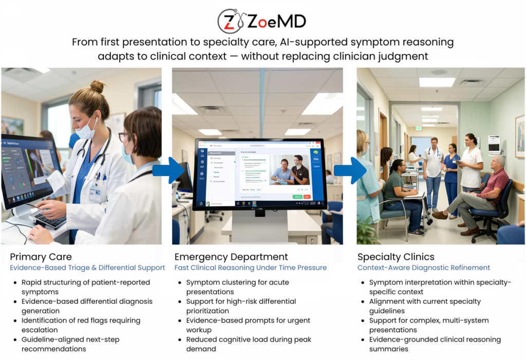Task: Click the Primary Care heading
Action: [x=41, y=257]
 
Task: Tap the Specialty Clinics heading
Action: [x=396, y=257]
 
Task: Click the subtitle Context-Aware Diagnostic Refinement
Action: [x=423, y=268]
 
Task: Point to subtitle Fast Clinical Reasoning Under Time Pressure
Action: [x=250, y=268]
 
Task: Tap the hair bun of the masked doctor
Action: [x=98, y=86]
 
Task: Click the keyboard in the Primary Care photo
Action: [x=49, y=220]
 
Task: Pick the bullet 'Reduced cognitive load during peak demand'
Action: [x=249, y=344]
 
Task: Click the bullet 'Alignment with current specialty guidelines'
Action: [x=425, y=306]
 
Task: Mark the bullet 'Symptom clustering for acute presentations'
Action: [x=237, y=287]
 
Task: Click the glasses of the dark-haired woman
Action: [x=124, y=136]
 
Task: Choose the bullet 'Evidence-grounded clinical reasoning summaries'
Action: [x=435, y=344]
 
